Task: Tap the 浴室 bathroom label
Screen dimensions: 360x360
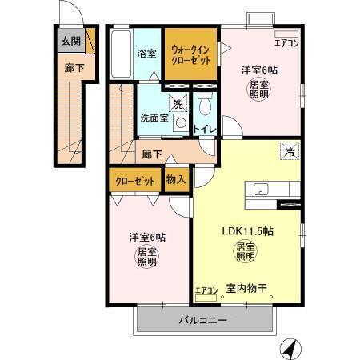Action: coord(146,54)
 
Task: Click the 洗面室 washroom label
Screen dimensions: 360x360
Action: coord(154,118)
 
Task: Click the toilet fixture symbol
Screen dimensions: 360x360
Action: coord(205,106)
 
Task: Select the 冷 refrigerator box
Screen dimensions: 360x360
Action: coord(286,150)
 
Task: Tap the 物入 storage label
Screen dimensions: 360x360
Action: coord(176,179)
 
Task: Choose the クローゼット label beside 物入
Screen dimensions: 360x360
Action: coord(134,180)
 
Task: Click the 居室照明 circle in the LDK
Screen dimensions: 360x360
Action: coord(245,254)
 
